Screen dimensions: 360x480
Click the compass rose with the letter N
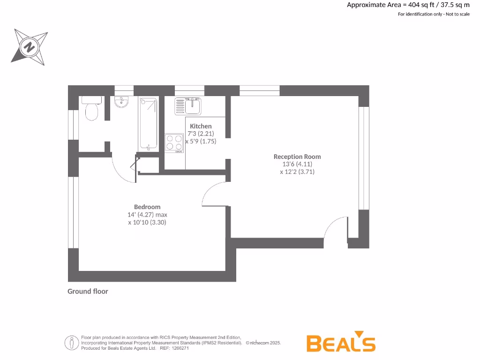[x=30, y=46]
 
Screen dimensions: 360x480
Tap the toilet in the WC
[x=91, y=109]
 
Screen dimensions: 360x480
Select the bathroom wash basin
[x=122, y=102]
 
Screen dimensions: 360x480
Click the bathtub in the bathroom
[x=148, y=123]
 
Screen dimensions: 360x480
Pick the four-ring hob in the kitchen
[x=174, y=142]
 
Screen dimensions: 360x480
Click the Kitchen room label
[x=201, y=126]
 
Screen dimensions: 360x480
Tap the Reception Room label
[x=297, y=157]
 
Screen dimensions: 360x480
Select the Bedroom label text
[x=147, y=207]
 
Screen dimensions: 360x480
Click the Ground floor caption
[x=88, y=291]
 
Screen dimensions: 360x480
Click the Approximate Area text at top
[x=408, y=5]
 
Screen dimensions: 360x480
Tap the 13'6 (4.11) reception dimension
[x=297, y=164]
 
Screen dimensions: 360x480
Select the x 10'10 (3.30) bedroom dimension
[x=147, y=222]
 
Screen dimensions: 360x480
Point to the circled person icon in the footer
[x=72, y=343]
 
